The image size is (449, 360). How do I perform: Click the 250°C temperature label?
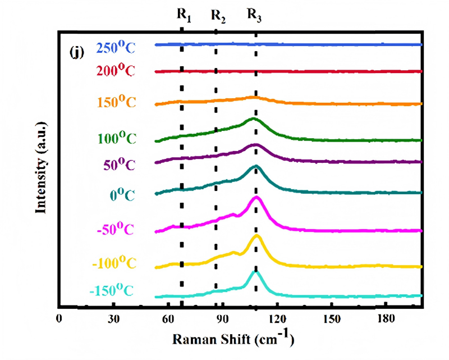pos(116,47)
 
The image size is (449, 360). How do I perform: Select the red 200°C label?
pos(116,70)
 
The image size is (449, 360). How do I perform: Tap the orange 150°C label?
pos(117,102)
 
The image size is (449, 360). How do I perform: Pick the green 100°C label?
pos(117,138)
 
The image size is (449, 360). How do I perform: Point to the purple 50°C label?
pos(119,164)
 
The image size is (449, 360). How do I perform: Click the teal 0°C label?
pos(122,195)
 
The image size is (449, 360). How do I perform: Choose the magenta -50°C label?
pos(116,229)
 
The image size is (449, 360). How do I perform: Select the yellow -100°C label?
pos(114,262)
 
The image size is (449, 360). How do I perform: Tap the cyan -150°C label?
pos(112,290)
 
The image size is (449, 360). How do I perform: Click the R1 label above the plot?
pos(184,15)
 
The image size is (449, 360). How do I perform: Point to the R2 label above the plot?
pos(218,16)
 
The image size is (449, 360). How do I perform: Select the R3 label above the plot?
pos(254,15)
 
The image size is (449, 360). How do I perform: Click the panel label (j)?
pos(77,52)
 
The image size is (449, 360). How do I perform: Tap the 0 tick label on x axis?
pos(59,318)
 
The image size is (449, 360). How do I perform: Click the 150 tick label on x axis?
pos(331,318)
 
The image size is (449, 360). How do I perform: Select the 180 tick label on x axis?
pos(386,318)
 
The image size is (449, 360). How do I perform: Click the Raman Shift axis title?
pos(233,339)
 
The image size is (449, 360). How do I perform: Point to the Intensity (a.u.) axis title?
pos(41,168)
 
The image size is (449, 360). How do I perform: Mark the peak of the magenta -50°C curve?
pos(256,197)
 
